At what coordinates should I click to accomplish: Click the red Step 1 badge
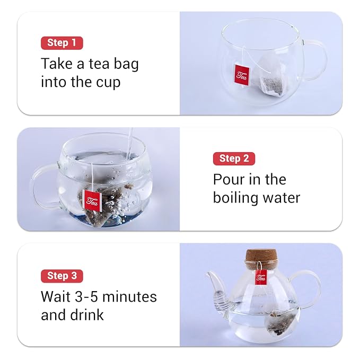[62, 43]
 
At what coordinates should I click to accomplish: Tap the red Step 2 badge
[234, 159]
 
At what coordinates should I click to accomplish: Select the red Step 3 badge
[62, 276]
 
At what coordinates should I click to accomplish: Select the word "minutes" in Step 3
[129, 296]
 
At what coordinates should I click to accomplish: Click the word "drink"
[87, 314]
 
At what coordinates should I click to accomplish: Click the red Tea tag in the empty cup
[242, 76]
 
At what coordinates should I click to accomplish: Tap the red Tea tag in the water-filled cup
[92, 200]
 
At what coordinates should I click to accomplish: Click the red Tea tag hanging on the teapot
[261, 277]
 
